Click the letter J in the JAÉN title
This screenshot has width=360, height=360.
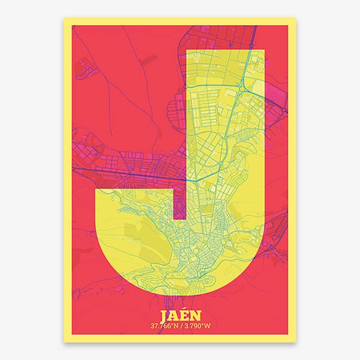coord(165,316)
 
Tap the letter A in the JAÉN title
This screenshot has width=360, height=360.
coord(174,316)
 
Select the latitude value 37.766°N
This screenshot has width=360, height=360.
coord(163,326)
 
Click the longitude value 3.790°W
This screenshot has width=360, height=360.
coord(197,326)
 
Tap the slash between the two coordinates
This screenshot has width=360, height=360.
coord(181,326)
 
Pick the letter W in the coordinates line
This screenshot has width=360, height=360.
coord(208,326)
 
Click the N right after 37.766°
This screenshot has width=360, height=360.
coord(175,326)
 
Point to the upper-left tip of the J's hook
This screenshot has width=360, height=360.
coord(96,190)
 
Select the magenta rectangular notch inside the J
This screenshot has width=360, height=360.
coord(179,203)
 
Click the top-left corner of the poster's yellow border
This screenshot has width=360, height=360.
coord(65,18)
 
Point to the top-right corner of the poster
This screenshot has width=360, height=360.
coord(295,18)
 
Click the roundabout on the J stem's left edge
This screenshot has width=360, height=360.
coord(185,87)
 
